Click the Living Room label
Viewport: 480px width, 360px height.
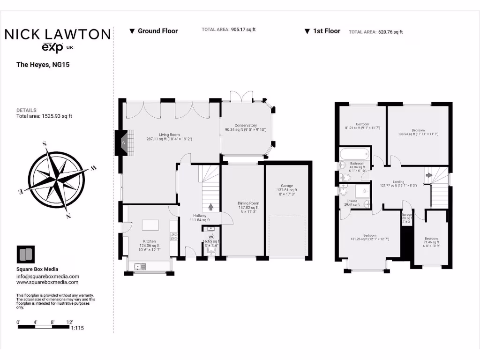pos(169,135)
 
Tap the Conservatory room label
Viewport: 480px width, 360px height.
pos(246,125)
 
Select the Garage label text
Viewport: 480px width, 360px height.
pos(286,186)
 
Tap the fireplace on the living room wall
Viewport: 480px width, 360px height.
pos(121,142)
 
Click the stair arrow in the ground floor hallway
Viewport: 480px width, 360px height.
pos(210,206)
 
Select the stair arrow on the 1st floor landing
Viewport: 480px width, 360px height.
pos(428,175)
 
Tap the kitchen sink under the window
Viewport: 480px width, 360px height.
pos(139,266)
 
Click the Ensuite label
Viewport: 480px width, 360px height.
pos(352,201)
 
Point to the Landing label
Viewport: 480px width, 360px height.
pos(398,181)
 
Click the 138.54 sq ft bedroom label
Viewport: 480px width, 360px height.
pos(418,130)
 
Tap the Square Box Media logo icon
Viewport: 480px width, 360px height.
pos(25,255)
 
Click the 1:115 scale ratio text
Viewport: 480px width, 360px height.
pos(77,329)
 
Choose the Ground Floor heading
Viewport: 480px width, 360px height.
pos(157,31)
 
